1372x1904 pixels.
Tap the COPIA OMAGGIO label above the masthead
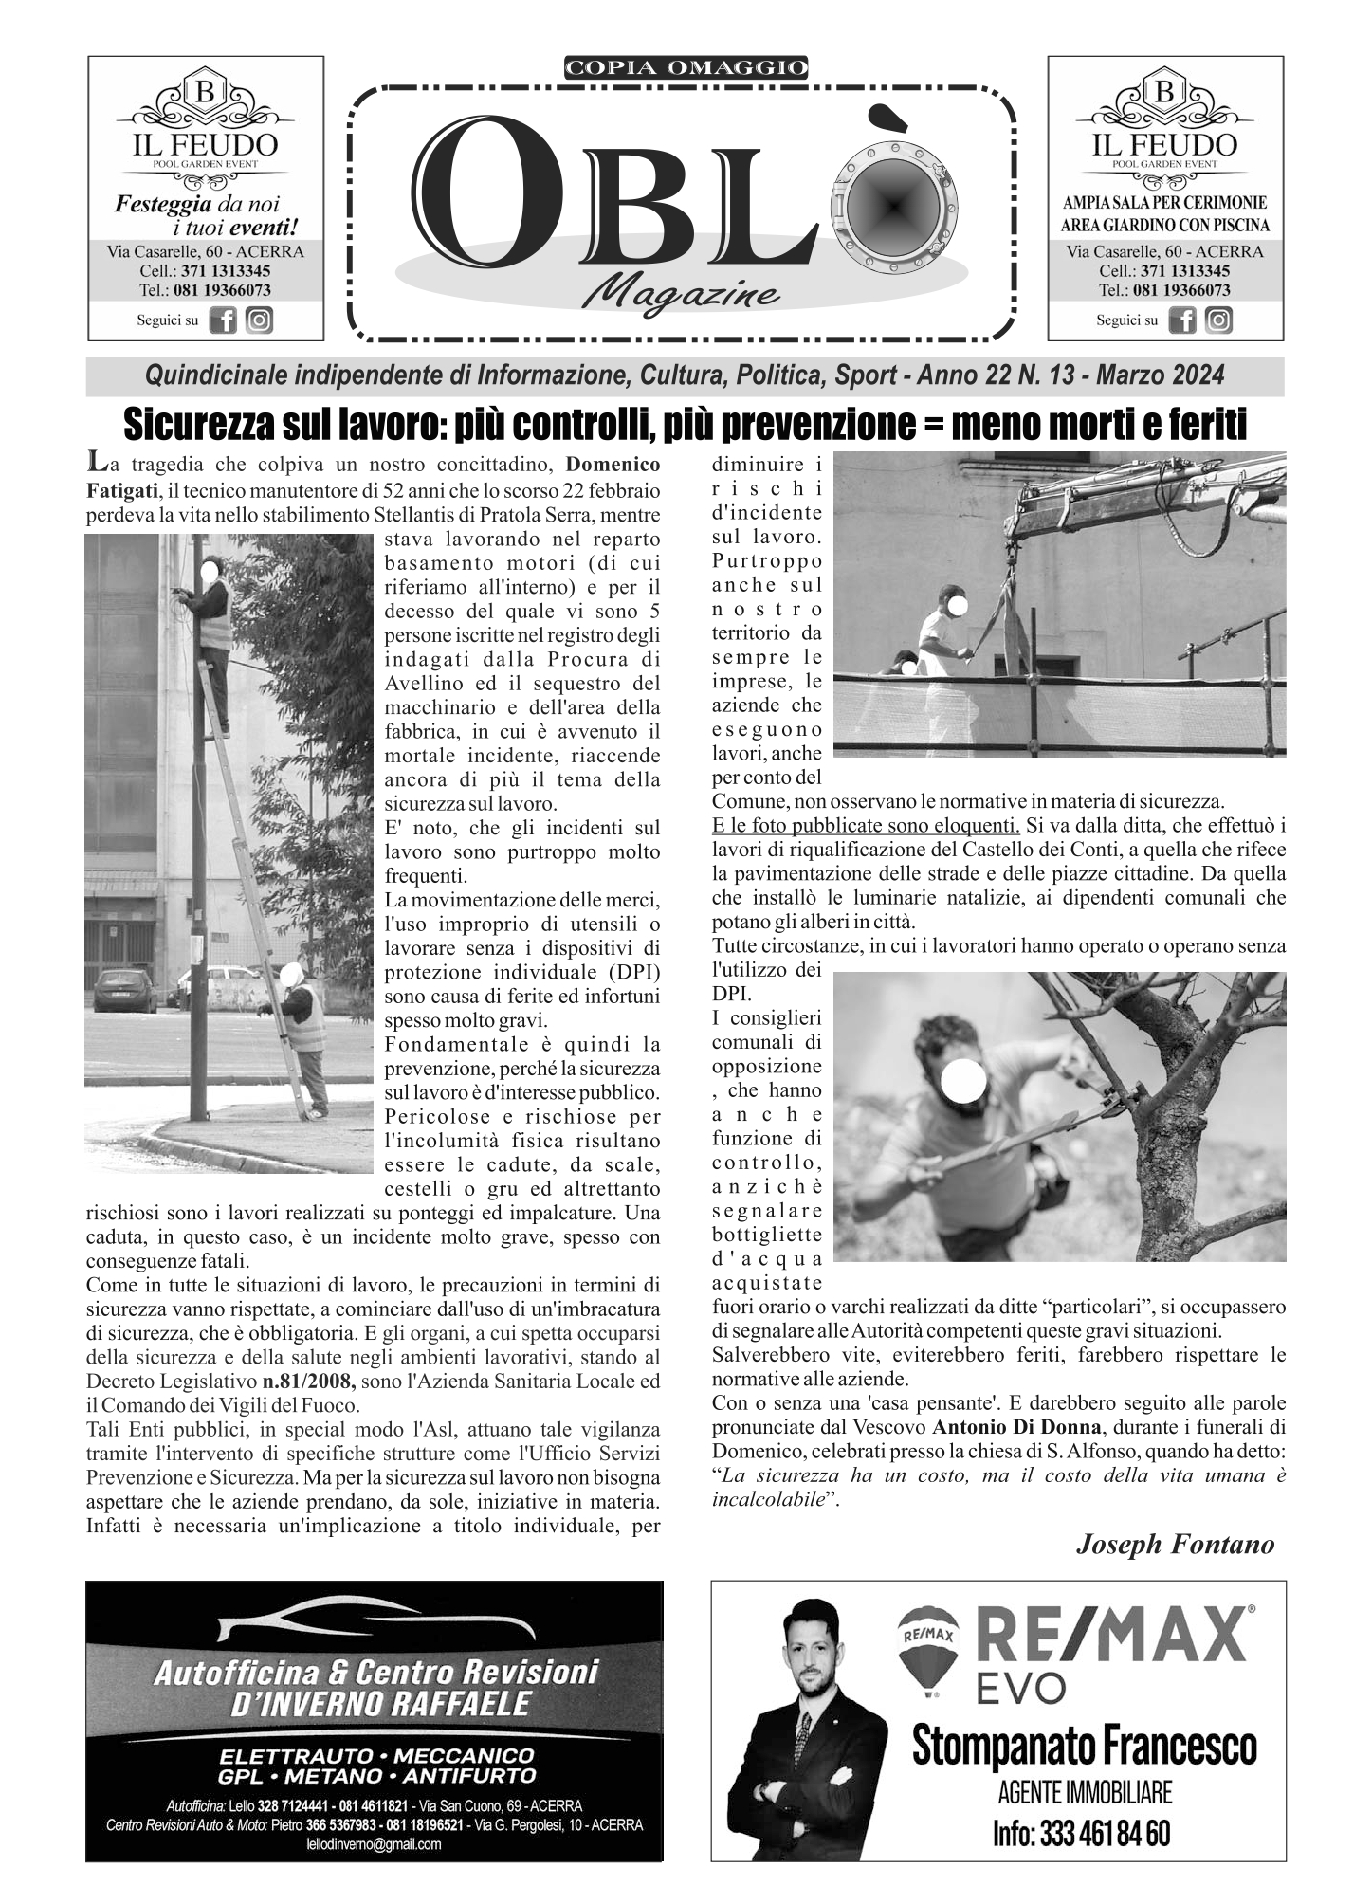[x=686, y=67]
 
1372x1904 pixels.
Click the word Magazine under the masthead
[x=682, y=294]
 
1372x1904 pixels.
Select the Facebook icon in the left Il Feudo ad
[x=223, y=320]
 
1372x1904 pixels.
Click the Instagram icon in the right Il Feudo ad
[x=1218, y=320]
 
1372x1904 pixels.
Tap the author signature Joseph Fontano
[x=1175, y=1545]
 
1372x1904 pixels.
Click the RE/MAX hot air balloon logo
[x=927, y=1647]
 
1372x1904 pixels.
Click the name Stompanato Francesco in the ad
[x=1084, y=1746]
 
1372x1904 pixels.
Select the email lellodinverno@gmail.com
[x=375, y=1844]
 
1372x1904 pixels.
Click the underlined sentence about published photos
[x=865, y=825]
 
